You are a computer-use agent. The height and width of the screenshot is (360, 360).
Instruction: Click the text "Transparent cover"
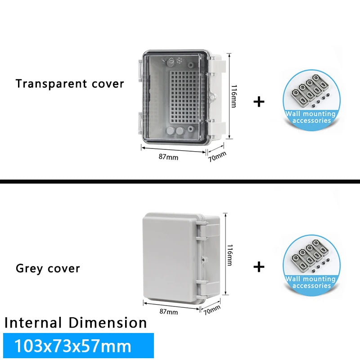(x=70, y=84)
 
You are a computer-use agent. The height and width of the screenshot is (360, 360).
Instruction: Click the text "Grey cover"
(x=48, y=269)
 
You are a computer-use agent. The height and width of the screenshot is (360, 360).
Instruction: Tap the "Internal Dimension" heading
(x=76, y=323)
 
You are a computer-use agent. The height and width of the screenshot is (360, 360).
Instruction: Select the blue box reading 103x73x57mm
(x=78, y=346)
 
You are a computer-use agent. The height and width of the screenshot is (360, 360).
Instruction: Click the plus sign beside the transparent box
(x=259, y=101)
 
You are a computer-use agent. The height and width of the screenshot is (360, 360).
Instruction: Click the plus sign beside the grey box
(x=259, y=267)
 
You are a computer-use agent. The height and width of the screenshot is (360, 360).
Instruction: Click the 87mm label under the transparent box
(x=169, y=157)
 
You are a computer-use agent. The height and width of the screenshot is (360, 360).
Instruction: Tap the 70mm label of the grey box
(x=211, y=310)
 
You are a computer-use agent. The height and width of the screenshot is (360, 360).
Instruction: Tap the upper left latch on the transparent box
(x=139, y=72)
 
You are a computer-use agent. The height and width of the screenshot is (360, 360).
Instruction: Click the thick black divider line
(x=180, y=181)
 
